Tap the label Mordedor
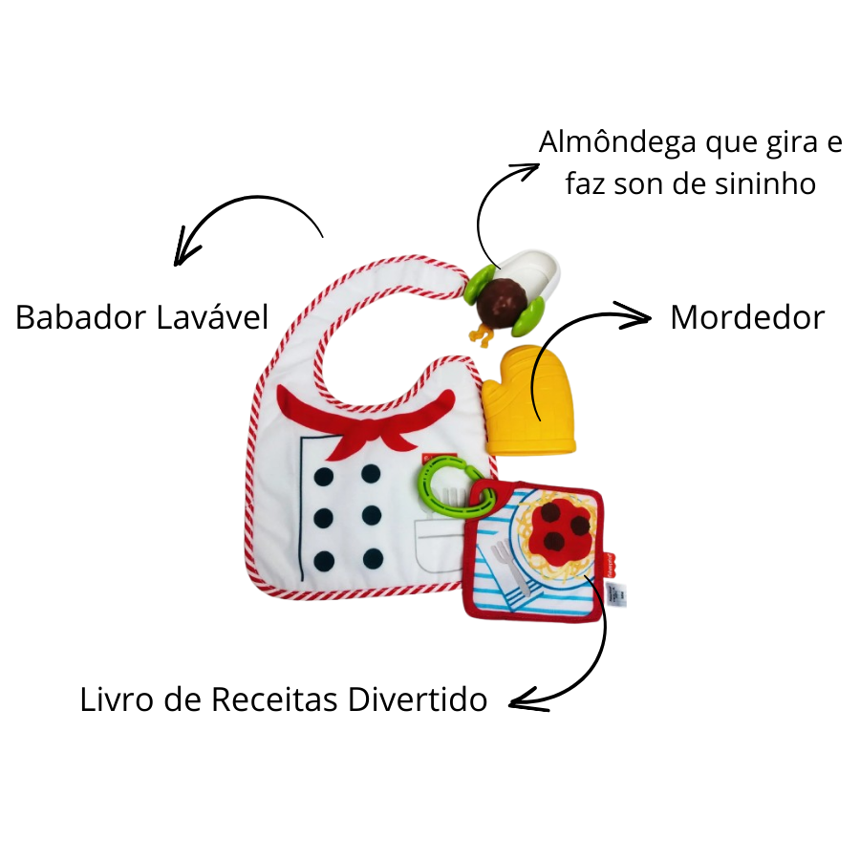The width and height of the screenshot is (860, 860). pyautogui.click(x=746, y=316)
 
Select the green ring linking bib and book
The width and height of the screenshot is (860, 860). pyautogui.click(x=455, y=484)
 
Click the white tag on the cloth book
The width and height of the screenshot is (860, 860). pyautogui.click(x=617, y=591)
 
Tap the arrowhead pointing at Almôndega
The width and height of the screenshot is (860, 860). pyautogui.click(x=528, y=170)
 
